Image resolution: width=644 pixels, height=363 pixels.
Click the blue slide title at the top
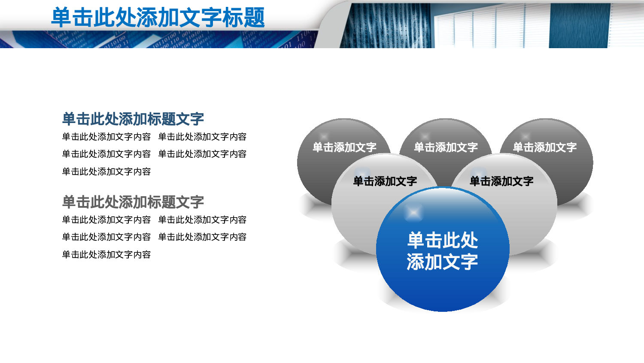click(158, 18)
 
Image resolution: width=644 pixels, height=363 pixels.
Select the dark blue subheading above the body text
click(133, 119)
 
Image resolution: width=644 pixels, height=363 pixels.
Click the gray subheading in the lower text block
click(133, 202)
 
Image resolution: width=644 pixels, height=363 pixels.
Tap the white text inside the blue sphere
click(442, 251)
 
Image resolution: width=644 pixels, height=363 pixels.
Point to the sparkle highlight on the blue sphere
click(413, 212)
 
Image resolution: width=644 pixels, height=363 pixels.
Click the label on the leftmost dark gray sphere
click(344, 148)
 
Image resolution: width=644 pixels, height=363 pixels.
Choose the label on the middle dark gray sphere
click(446, 148)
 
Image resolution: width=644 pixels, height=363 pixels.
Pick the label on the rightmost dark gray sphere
click(544, 148)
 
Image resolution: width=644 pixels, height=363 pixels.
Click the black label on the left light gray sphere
click(385, 181)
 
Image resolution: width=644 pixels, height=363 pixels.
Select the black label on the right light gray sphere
click(501, 181)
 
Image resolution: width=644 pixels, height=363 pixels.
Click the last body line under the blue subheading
click(106, 172)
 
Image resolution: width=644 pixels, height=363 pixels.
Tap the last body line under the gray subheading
click(106, 255)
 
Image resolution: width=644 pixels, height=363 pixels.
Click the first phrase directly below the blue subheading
click(106, 137)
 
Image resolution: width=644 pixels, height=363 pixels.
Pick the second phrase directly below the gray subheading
click(202, 220)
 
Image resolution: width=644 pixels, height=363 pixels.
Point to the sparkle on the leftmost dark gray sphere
click(324, 137)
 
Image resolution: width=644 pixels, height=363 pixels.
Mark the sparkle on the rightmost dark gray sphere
click(526, 137)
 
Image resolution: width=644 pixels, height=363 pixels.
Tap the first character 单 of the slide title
click(61, 18)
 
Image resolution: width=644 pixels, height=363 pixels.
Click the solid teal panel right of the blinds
click(579, 26)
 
